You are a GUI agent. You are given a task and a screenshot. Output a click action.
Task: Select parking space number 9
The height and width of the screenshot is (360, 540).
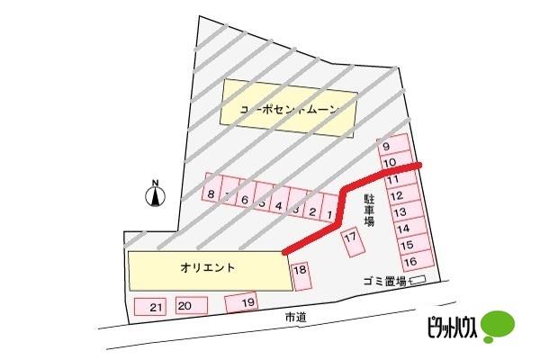click(x=387, y=147)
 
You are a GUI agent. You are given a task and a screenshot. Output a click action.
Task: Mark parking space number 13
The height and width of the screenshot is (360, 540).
click(x=400, y=212)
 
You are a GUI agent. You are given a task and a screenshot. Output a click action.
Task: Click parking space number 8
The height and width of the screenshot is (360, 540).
click(x=211, y=193)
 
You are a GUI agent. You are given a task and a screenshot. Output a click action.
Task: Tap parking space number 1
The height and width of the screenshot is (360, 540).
click(x=330, y=214)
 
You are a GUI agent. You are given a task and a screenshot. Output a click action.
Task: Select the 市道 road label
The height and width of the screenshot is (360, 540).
click(x=295, y=318)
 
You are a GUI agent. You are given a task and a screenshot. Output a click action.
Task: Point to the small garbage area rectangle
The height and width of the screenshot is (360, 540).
click(x=417, y=282)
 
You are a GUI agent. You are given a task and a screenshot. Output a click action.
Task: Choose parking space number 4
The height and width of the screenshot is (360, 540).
click(x=279, y=206)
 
